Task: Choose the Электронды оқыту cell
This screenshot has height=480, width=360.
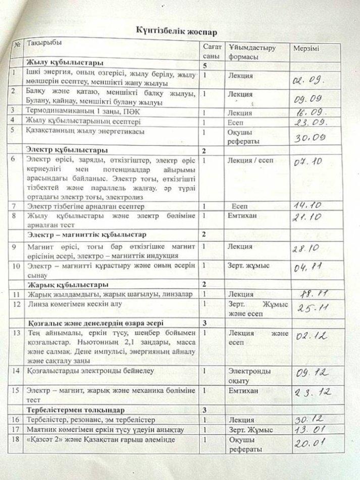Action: point(246,375)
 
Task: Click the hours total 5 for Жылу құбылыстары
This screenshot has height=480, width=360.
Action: point(205,66)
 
